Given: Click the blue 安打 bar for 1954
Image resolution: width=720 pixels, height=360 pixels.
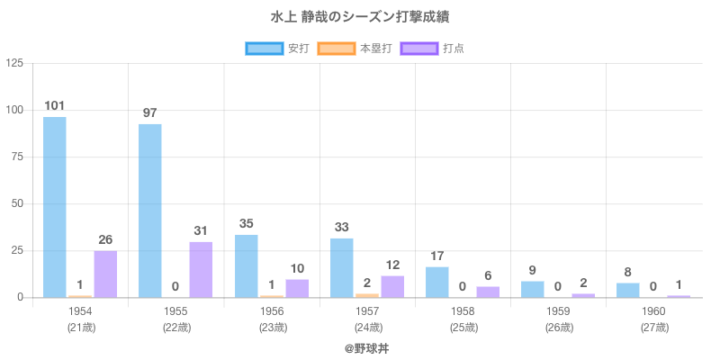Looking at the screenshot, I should (x=54, y=207).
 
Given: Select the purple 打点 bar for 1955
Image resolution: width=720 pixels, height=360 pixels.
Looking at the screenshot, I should (x=201, y=269).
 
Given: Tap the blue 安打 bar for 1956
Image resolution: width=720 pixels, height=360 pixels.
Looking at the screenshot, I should (x=246, y=265).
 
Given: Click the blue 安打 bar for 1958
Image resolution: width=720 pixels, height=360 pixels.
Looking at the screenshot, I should (x=436, y=282).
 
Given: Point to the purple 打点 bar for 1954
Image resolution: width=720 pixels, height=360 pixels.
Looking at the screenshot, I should (x=105, y=274).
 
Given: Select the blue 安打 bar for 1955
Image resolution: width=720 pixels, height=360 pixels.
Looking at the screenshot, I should (x=150, y=211).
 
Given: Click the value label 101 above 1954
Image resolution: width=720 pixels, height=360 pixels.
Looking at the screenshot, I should (x=54, y=106).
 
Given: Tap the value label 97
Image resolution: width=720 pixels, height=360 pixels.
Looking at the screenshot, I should (x=150, y=113).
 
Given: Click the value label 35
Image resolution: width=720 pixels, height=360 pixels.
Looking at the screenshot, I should (x=246, y=223).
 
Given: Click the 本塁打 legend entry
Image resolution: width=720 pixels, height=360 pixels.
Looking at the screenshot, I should (x=358, y=49).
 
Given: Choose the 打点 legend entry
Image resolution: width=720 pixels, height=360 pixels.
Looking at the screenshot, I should (x=436, y=49).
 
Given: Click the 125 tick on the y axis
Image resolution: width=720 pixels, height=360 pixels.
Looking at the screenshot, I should (x=14, y=63).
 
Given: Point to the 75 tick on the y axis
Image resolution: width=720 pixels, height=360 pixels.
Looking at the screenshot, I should (x=17, y=157).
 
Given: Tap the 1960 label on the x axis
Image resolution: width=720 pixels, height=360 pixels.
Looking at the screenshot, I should (x=653, y=311).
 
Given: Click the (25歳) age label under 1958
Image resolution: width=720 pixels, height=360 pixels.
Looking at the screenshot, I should (x=463, y=328).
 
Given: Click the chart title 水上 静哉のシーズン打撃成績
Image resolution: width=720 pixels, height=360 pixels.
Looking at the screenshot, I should (x=360, y=17).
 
